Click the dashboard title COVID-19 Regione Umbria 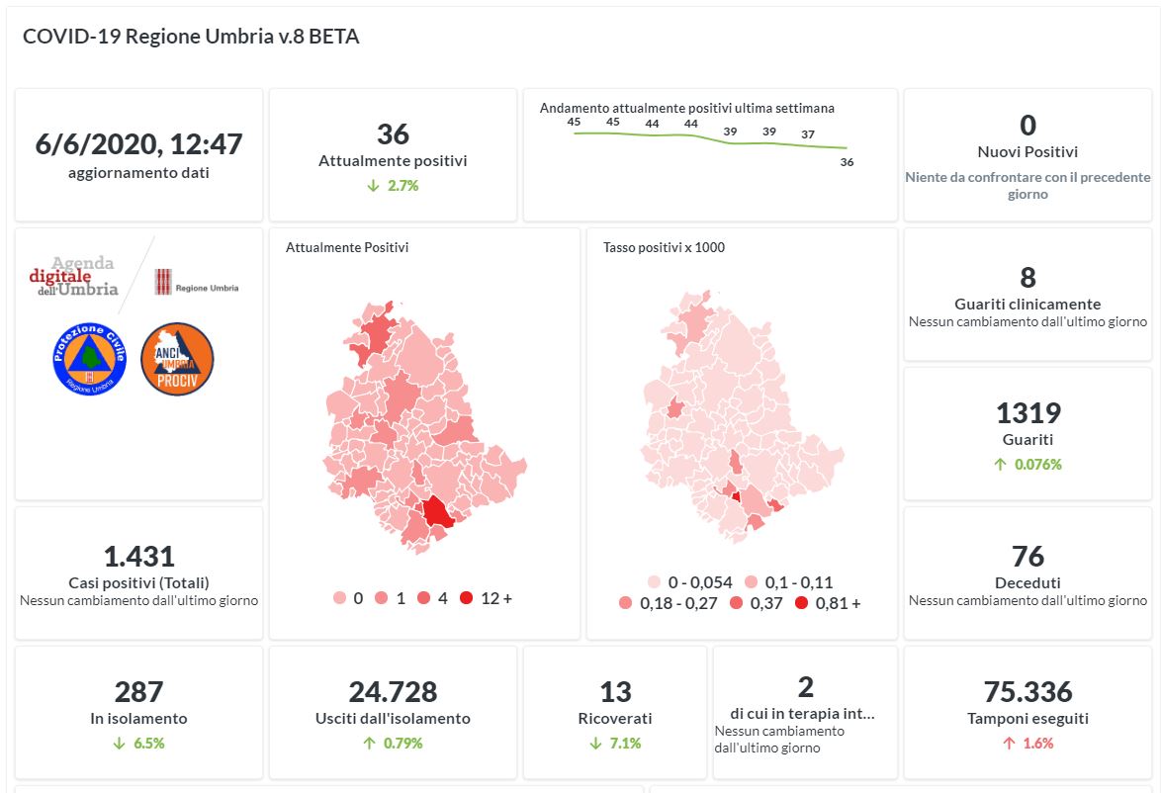point(191,37)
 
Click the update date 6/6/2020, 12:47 point(138,144)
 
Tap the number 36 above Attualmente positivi point(393,134)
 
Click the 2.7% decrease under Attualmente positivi point(393,186)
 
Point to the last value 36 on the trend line point(847,163)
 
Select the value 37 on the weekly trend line point(808,134)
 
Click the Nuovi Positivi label point(1027,152)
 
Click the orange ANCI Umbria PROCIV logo point(178,360)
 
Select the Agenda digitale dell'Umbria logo point(74,277)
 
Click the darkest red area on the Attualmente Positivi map point(435,512)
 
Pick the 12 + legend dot point(467,598)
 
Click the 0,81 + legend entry point(829,603)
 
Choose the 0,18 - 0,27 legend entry point(669,603)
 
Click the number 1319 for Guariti point(1027,413)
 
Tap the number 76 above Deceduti point(1027,557)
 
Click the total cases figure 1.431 point(138,557)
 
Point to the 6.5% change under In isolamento point(138,744)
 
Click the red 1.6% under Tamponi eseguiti point(1027,744)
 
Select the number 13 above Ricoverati point(615,692)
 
